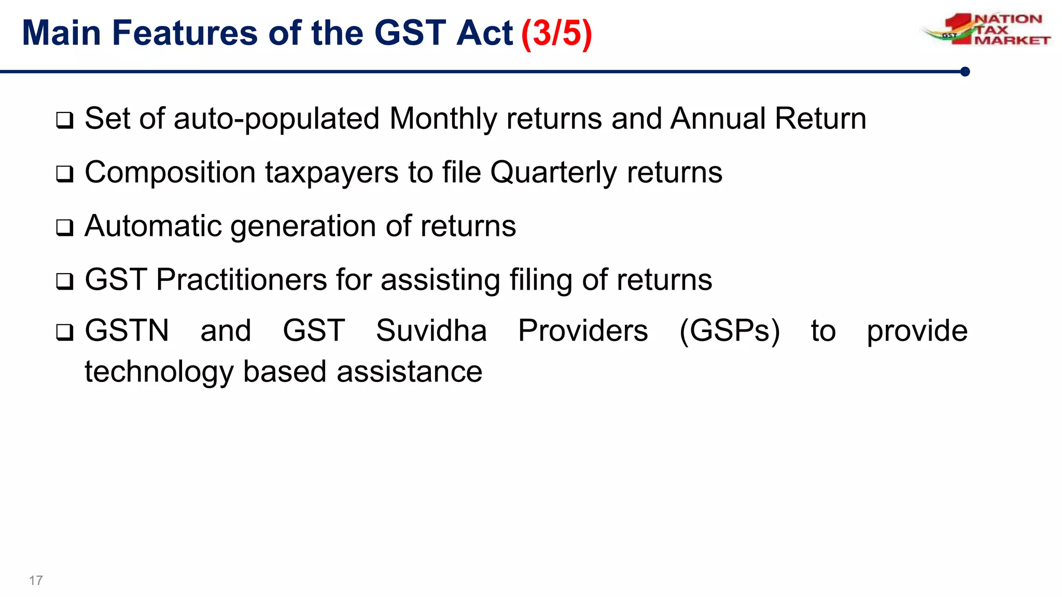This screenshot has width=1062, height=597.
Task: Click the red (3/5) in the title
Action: click(x=556, y=33)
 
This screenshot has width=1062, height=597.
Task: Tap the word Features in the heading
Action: click(x=184, y=33)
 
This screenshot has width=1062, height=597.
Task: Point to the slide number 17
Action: click(x=36, y=580)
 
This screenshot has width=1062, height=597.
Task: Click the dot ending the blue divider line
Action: click(x=965, y=72)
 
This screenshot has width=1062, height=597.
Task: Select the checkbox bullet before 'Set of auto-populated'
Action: click(x=65, y=121)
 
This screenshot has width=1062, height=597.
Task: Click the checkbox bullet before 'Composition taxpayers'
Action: click(x=65, y=174)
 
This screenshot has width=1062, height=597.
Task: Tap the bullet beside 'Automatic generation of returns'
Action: click(x=65, y=228)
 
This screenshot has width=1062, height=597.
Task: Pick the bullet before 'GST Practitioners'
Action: click(x=65, y=282)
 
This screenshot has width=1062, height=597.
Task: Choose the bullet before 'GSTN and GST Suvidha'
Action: click(x=65, y=332)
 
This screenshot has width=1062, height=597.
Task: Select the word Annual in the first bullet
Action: click(x=718, y=119)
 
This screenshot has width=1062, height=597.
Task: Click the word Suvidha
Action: click(x=431, y=331)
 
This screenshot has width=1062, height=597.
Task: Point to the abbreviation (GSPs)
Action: click(x=729, y=331)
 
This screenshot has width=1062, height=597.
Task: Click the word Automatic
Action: click(x=153, y=226)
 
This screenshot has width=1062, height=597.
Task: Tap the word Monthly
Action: click(x=443, y=119)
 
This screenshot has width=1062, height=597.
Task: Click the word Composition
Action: click(x=170, y=173)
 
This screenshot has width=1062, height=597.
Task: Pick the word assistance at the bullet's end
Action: click(x=409, y=372)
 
